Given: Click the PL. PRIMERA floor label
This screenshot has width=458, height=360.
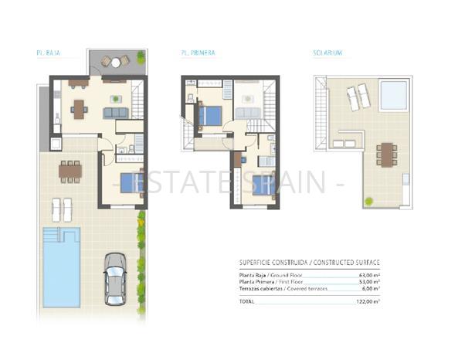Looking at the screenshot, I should coord(199,53).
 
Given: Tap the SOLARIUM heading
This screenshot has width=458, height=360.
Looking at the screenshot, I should coord(327,53).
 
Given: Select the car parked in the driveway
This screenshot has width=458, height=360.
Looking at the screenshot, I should coord(115,279).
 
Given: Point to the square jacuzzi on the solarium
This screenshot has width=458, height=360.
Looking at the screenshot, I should coord(392,95).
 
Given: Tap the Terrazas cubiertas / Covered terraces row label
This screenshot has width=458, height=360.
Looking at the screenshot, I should coord(283,289).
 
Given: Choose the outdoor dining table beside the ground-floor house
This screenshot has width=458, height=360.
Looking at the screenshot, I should coord(70,171).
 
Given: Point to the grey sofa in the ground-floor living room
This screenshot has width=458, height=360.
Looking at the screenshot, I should coord(116,113).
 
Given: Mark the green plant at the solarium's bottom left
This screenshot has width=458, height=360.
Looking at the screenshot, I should coord(368,201).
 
